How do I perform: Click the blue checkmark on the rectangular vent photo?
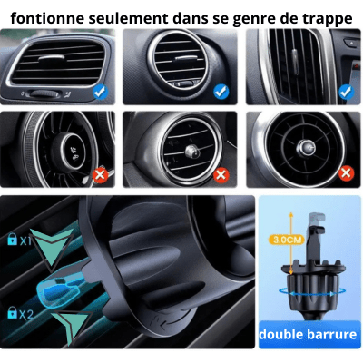(x=100, y=92)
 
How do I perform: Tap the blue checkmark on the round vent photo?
(x=221, y=92)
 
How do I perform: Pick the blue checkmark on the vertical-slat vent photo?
(x=347, y=92)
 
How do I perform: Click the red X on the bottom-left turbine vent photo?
(x=101, y=175)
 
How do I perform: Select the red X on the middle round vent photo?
(x=221, y=174)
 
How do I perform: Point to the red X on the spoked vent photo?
(x=347, y=173)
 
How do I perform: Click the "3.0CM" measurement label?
(x=287, y=240)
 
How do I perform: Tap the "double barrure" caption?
(x=308, y=334)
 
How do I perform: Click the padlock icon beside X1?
(x=13, y=240)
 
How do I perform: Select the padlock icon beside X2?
(x=13, y=312)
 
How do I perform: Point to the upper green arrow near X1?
(x=52, y=248)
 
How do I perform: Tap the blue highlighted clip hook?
(x=61, y=286)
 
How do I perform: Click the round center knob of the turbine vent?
(x=72, y=151)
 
